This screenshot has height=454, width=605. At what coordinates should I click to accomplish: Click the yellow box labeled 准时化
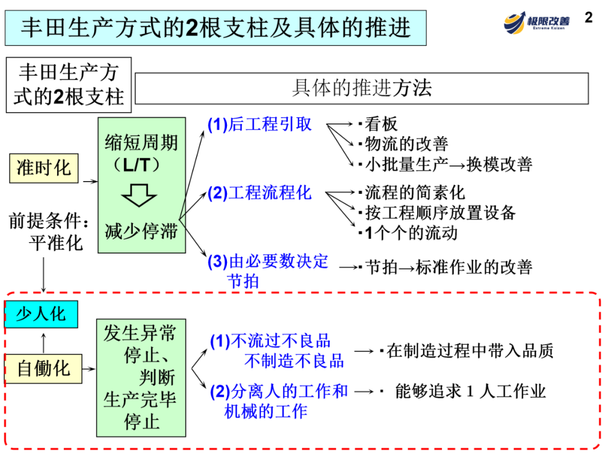(44, 168)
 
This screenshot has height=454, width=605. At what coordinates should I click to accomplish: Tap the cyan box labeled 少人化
(40, 314)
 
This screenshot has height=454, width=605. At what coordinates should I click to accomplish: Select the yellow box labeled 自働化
(43, 368)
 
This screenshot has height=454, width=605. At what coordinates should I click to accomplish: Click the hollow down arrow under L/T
(139, 194)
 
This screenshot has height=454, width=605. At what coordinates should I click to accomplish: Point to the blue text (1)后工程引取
(259, 124)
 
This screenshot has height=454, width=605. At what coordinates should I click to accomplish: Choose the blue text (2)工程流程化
(259, 193)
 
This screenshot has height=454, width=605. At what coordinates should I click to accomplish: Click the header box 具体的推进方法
(362, 89)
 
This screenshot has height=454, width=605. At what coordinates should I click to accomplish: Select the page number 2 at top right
(588, 17)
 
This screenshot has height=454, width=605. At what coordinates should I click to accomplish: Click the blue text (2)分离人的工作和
(279, 391)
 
